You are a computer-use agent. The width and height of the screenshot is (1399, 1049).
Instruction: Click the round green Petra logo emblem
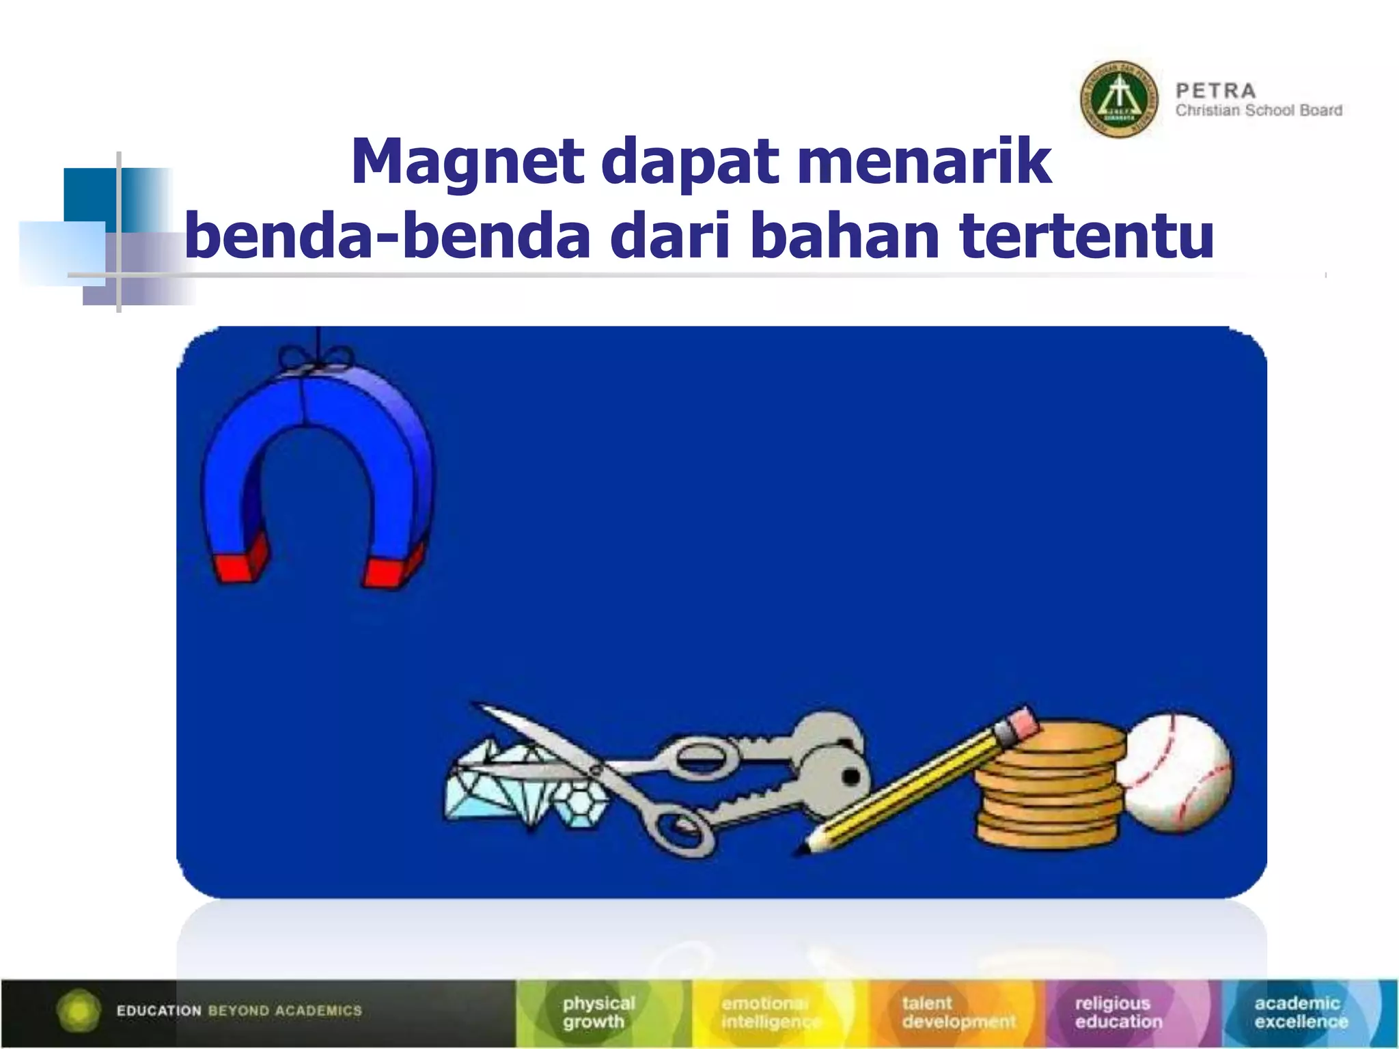[1118, 100]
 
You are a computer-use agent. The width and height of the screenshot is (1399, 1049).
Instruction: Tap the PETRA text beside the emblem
[1215, 91]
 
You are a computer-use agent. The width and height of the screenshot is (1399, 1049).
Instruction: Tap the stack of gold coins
[1049, 785]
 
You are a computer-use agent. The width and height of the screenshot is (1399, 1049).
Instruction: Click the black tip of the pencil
[803, 850]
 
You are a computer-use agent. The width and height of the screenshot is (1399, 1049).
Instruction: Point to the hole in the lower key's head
[851, 777]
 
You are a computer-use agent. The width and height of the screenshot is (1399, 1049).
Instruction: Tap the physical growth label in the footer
[598, 1012]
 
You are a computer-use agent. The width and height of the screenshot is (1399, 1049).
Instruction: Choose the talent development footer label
[958, 1012]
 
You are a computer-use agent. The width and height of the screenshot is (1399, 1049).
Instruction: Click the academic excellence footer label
[1301, 1012]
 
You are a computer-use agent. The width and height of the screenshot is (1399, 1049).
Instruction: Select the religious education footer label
[1118, 1012]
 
